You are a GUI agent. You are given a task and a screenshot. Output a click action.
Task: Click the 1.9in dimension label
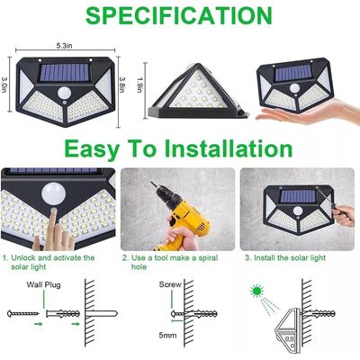[x=150, y=82]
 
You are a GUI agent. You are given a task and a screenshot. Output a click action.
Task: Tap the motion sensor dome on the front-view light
[x=63, y=94]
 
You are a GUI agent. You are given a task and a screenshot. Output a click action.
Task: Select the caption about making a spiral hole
[x=172, y=262]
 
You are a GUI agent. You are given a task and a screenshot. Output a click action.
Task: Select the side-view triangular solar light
[x=195, y=85]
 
